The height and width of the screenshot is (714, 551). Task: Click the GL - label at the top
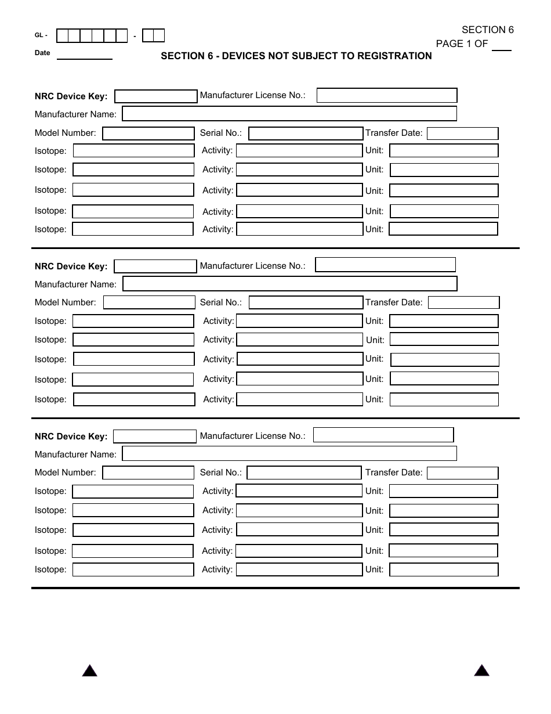(x=41, y=35)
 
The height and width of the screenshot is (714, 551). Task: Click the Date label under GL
(x=42, y=53)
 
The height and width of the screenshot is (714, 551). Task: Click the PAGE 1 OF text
(x=462, y=44)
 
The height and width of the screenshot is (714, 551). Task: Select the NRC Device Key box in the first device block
(x=156, y=96)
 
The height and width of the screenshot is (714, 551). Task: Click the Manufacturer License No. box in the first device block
(x=387, y=95)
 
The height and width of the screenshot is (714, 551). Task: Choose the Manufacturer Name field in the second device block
(x=290, y=284)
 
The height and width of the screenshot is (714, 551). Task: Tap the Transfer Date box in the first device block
(x=462, y=134)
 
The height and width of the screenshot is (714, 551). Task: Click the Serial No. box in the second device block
(x=306, y=302)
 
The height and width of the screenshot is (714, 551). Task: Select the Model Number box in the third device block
(x=148, y=473)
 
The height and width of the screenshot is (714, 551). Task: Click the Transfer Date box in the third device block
(x=462, y=473)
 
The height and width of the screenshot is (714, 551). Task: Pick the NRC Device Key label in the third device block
(x=71, y=437)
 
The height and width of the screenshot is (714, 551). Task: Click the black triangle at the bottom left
(x=89, y=671)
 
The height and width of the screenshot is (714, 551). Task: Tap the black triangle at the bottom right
(x=481, y=670)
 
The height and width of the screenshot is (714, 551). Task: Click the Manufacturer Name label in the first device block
(x=75, y=114)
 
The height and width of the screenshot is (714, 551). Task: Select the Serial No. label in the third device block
(x=220, y=473)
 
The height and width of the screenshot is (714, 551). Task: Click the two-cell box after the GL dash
(x=154, y=36)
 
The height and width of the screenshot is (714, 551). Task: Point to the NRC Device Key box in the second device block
(x=155, y=266)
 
